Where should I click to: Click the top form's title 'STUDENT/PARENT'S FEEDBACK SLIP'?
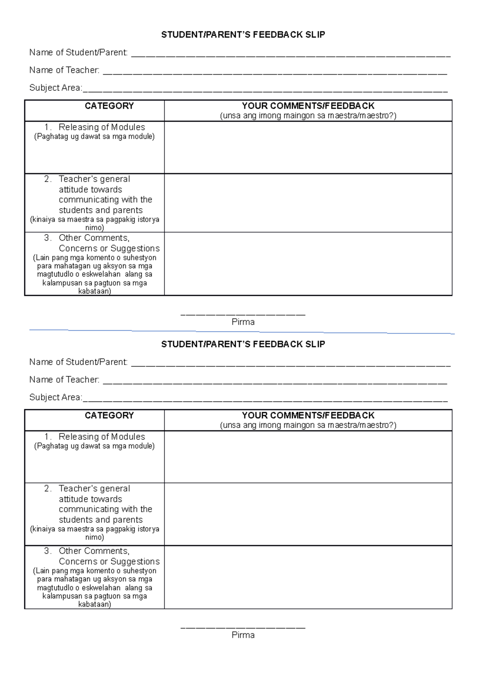point(243,35)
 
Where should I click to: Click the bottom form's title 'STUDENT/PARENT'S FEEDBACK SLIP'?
point(243,344)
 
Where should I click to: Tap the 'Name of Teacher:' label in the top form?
point(64,70)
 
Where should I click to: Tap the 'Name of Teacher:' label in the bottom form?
point(64,380)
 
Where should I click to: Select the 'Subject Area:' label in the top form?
point(55,88)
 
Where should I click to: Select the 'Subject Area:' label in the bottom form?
point(55,397)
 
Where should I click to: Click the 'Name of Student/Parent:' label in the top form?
point(79,53)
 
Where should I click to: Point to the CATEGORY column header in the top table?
point(109,106)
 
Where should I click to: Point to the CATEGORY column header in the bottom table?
point(109,416)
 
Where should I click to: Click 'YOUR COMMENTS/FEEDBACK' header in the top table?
point(308,106)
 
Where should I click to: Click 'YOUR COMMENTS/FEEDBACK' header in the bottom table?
point(308,416)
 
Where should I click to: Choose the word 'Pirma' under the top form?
point(243,322)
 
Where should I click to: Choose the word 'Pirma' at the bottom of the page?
point(243,635)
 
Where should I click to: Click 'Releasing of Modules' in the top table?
point(102,127)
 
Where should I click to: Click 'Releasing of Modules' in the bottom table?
point(102,437)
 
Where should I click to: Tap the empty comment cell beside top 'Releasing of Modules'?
point(308,147)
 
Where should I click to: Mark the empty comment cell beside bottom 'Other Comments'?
point(308,577)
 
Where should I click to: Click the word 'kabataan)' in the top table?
point(94,291)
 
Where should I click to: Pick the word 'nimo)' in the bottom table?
point(94,537)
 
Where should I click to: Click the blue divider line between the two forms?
point(243,332)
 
